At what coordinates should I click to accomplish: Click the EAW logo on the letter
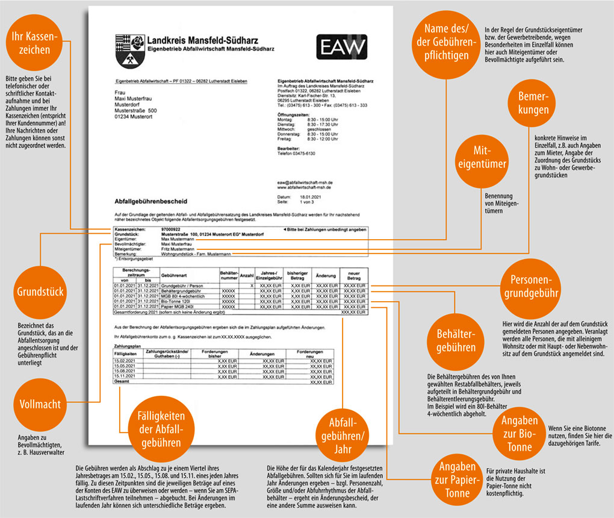[x=341, y=47]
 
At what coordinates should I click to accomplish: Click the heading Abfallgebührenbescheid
[x=146, y=199]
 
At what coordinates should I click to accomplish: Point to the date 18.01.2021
[x=306, y=196]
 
